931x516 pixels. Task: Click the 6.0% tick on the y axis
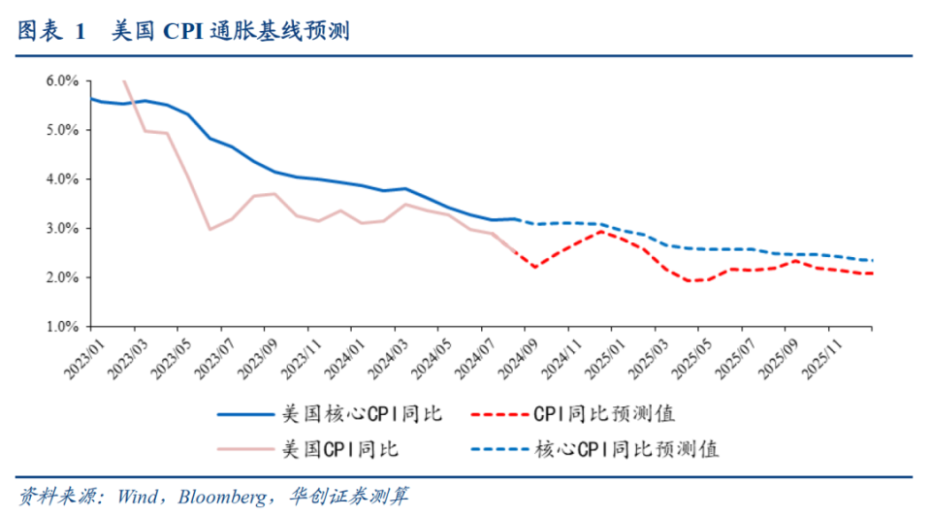(x=63, y=81)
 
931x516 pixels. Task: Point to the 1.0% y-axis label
(x=63, y=328)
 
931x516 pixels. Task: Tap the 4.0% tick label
(x=63, y=179)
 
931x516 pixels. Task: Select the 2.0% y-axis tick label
(x=63, y=278)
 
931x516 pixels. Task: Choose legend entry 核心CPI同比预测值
(x=626, y=449)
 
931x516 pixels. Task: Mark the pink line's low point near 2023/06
(x=209, y=229)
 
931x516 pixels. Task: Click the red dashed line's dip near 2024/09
(x=535, y=267)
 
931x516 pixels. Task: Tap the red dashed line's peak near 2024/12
(x=602, y=231)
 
